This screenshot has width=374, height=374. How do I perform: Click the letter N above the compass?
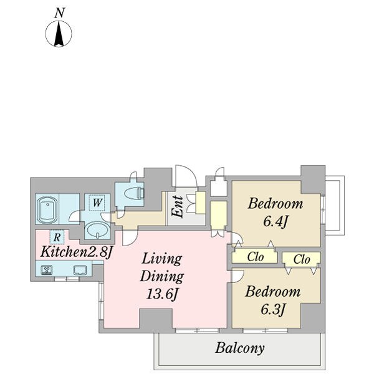[x=60, y=13]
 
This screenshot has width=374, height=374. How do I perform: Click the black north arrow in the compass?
[x=59, y=34]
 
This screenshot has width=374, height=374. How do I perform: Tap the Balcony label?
[x=240, y=348]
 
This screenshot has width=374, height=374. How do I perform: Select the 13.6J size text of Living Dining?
[x=162, y=294]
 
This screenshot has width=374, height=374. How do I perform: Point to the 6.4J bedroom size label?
[x=276, y=221]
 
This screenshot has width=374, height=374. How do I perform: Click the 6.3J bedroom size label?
[x=273, y=309]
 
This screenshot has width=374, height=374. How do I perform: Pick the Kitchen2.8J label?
[x=76, y=252]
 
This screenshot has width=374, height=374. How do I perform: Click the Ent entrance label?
[x=178, y=207]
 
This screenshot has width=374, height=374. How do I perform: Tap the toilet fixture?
[x=135, y=193]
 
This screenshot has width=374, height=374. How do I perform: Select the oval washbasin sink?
[x=97, y=230]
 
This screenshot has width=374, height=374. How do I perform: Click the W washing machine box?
[x=97, y=203]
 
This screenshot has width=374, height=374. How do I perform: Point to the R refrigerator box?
[x=57, y=237]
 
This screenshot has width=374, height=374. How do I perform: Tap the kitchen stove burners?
[x=47, y=270]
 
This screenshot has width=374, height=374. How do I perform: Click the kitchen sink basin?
[x=80, y=271]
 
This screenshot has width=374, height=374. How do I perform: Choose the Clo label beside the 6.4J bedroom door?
[x=256, y=257]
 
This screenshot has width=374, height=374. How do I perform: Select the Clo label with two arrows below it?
[x=302, y=259]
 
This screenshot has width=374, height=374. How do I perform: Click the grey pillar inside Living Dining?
[x=156, y=319]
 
